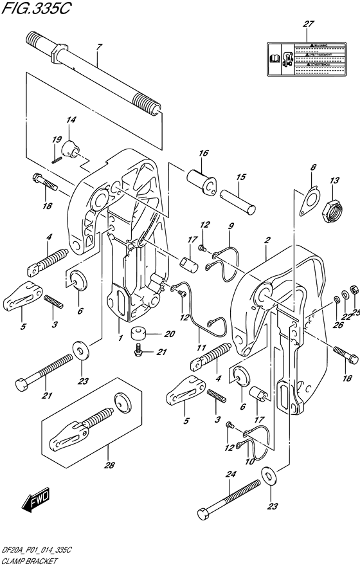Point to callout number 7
click(99, 46)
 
